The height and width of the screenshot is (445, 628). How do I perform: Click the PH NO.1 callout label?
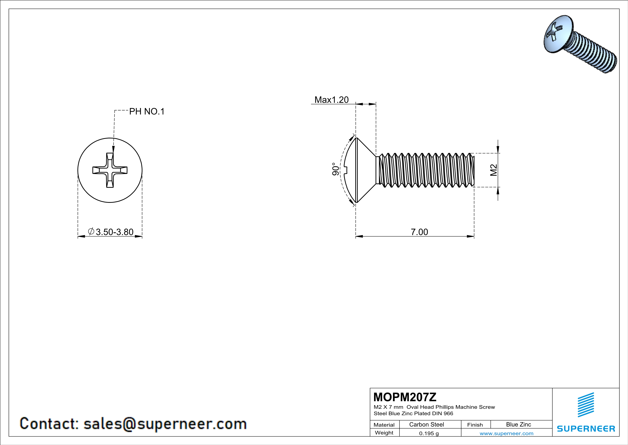[147, 112]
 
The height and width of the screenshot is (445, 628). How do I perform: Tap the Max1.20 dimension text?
[331, 100]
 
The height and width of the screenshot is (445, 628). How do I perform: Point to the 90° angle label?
[335, 169]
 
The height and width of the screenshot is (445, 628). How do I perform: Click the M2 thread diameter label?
[493, 170]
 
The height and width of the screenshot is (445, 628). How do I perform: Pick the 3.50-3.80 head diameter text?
[114, 232]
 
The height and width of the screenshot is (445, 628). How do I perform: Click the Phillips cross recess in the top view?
[110, 170]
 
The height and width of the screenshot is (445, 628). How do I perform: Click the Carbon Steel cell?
[426, 424]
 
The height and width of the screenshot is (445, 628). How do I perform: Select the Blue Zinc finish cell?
[518, 424]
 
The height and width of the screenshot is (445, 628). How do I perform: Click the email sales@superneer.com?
[165, 424]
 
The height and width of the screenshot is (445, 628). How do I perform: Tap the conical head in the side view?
[365, 170]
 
